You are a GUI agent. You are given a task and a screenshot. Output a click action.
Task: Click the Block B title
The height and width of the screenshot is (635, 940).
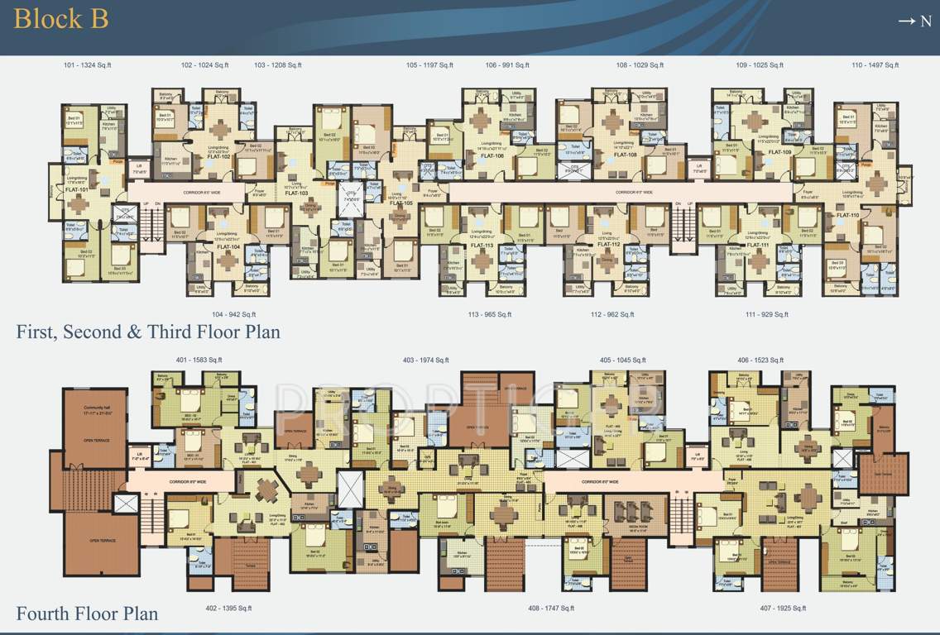(x=60, y=18)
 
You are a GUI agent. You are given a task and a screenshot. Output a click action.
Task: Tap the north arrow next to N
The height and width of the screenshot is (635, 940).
(x=906, y=21)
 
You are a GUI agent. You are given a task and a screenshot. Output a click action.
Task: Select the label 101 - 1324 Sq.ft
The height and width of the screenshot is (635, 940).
(x=87, y=64)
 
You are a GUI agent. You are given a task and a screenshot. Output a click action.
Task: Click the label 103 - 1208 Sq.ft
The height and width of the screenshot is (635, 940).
(x=278, y=64)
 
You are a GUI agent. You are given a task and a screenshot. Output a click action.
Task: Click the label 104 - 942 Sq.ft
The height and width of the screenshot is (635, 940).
(x=233, y=314)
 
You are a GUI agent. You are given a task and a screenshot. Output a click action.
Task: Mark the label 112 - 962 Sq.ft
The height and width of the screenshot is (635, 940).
(x=612, y=314)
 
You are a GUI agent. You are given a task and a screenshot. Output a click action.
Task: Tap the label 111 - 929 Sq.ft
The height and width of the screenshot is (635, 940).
(x=766, y=314)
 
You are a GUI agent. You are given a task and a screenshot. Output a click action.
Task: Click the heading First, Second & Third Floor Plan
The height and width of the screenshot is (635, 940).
(x=148, y=332)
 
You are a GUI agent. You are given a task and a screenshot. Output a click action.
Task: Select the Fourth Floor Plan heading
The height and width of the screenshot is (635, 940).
(x=87, y=614)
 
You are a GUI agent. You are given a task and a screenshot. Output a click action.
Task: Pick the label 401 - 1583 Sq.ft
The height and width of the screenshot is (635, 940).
(x=199, y=360)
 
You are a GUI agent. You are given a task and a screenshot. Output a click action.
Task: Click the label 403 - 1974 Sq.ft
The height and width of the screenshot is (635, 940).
(x=425, y=360)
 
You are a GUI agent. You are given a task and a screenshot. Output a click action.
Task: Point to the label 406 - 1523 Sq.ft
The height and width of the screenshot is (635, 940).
(x=760, y=360)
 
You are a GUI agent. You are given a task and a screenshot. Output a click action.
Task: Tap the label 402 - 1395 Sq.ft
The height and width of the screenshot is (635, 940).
(x=229, y=608)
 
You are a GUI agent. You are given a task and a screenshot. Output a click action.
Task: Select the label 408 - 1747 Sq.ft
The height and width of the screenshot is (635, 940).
(x=551, y=608)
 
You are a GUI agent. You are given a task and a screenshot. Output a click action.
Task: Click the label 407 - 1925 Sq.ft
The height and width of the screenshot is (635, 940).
(x=782, y=608)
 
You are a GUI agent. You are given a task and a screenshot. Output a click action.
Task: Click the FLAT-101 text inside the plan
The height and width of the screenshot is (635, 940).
(x=77, y=189)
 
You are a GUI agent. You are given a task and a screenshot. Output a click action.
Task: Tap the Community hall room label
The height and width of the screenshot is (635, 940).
(x=97, y=408)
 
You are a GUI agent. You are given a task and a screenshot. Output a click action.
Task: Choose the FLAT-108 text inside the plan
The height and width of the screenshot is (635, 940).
(x=625, y=155)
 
